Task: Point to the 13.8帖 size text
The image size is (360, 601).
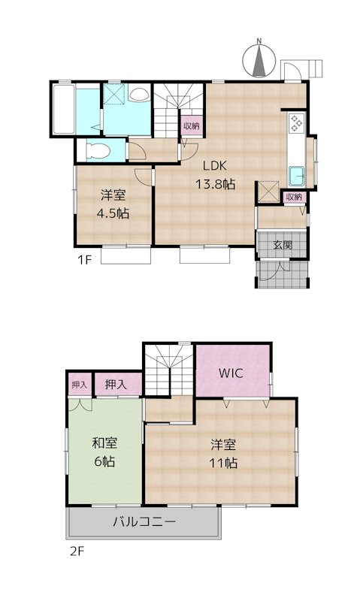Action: (216, 184)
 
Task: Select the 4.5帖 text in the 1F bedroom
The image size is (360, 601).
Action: (113, 213)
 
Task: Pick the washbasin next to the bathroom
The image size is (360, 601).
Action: (139, 95)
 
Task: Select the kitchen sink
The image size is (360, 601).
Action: (295, 175)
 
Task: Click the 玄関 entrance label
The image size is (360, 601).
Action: (283, 244)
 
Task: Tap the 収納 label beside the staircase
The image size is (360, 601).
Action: (191, 126)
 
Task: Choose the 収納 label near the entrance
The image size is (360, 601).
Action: (294, 197)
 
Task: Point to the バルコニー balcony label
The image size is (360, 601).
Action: (144, 521)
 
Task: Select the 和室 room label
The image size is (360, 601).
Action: (104, 443)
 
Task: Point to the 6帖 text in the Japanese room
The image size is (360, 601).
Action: (104, 461)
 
